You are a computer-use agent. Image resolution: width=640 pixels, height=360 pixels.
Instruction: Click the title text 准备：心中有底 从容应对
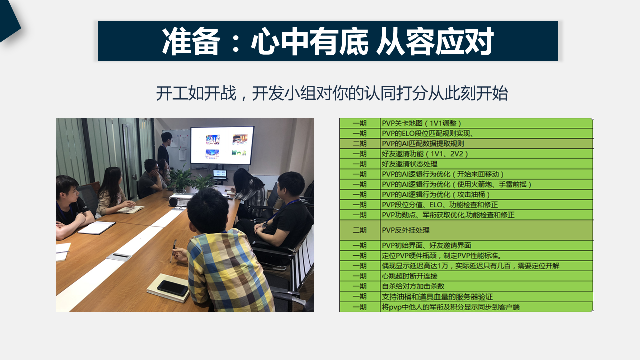coord(328,41)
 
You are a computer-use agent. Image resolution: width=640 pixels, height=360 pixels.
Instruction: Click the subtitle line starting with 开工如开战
coord(332,93)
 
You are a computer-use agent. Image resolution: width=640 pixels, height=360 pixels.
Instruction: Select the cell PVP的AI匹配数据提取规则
coord(423,143)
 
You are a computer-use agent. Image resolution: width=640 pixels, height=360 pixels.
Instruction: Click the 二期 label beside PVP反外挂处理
coord(359,230)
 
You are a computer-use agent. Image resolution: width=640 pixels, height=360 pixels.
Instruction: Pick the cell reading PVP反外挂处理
coord(405,230)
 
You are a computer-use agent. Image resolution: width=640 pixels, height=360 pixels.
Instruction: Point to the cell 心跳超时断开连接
coord(409,276)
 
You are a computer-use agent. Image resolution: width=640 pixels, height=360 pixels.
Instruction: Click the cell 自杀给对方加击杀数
coord(413,286)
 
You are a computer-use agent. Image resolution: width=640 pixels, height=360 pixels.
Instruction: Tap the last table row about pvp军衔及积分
coord(451,307)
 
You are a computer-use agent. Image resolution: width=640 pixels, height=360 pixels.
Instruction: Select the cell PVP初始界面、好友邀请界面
coord(426,245)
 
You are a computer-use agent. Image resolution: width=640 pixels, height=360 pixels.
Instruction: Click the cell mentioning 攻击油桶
coord(436,195)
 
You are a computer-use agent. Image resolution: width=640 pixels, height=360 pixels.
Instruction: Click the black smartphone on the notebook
coord(173,288)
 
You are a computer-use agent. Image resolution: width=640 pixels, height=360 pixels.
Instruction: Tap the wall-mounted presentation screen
coord(222,145)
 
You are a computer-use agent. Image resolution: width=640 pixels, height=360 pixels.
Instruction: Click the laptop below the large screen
coord(220,175)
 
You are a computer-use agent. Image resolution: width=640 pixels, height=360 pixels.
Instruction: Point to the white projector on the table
coord(180,200)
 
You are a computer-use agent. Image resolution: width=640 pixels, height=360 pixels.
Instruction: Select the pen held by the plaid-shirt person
coord(173,251)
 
